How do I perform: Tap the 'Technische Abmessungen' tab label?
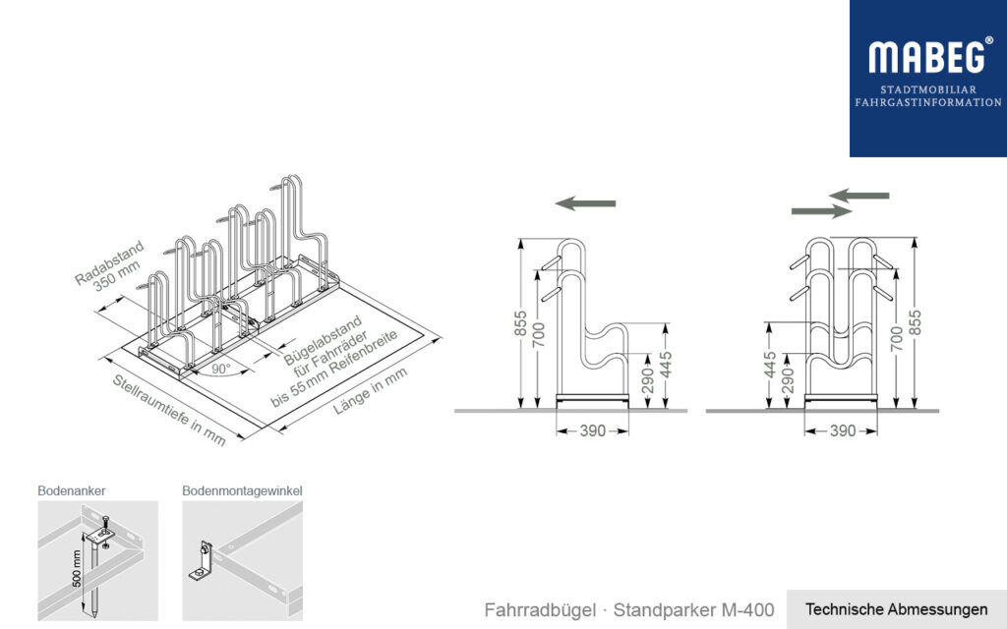(896, 609)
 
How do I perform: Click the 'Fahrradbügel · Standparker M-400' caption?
(629, 609)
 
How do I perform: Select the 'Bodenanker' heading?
(72, 489)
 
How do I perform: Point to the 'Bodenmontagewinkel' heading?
(242, 489)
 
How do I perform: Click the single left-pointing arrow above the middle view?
(585, 203)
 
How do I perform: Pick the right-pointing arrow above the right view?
(822, 211)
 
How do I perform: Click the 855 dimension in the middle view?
(520, 325)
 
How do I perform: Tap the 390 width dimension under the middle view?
(591, 430)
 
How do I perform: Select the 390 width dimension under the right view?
(842, 430)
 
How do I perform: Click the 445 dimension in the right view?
(770, 365)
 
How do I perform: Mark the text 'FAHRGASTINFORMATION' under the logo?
(928, 102)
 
